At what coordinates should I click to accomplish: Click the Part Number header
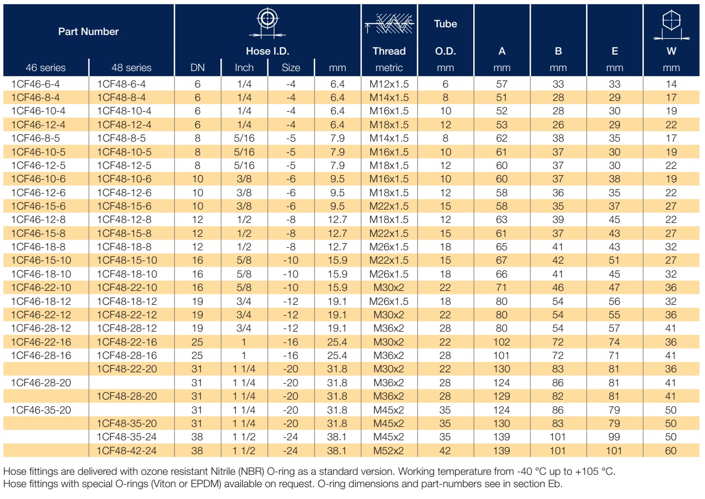[89, 31]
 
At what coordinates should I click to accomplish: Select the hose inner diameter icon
[267, 23]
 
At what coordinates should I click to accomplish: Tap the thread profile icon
[389, 23]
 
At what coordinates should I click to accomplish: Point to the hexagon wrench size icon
[671, 25]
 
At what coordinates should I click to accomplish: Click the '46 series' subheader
[46, 67]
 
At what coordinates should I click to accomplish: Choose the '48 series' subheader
[131, 67]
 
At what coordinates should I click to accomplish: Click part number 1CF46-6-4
[35, 84]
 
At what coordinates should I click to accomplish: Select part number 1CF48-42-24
[127, 451]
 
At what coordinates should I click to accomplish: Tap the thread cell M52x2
[388, 451]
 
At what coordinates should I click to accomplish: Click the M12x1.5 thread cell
[389, 84]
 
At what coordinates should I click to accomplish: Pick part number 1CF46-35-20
[41, 410]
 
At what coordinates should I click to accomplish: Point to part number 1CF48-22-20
[127, 369]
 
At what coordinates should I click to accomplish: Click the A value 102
[502, 342]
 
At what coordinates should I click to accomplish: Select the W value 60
[670, 451]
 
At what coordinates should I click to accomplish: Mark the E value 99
[614, 437]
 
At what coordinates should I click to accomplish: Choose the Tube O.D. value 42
[445, 451]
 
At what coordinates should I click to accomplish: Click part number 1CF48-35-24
[127, 437]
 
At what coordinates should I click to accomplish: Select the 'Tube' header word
[445, 24]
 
